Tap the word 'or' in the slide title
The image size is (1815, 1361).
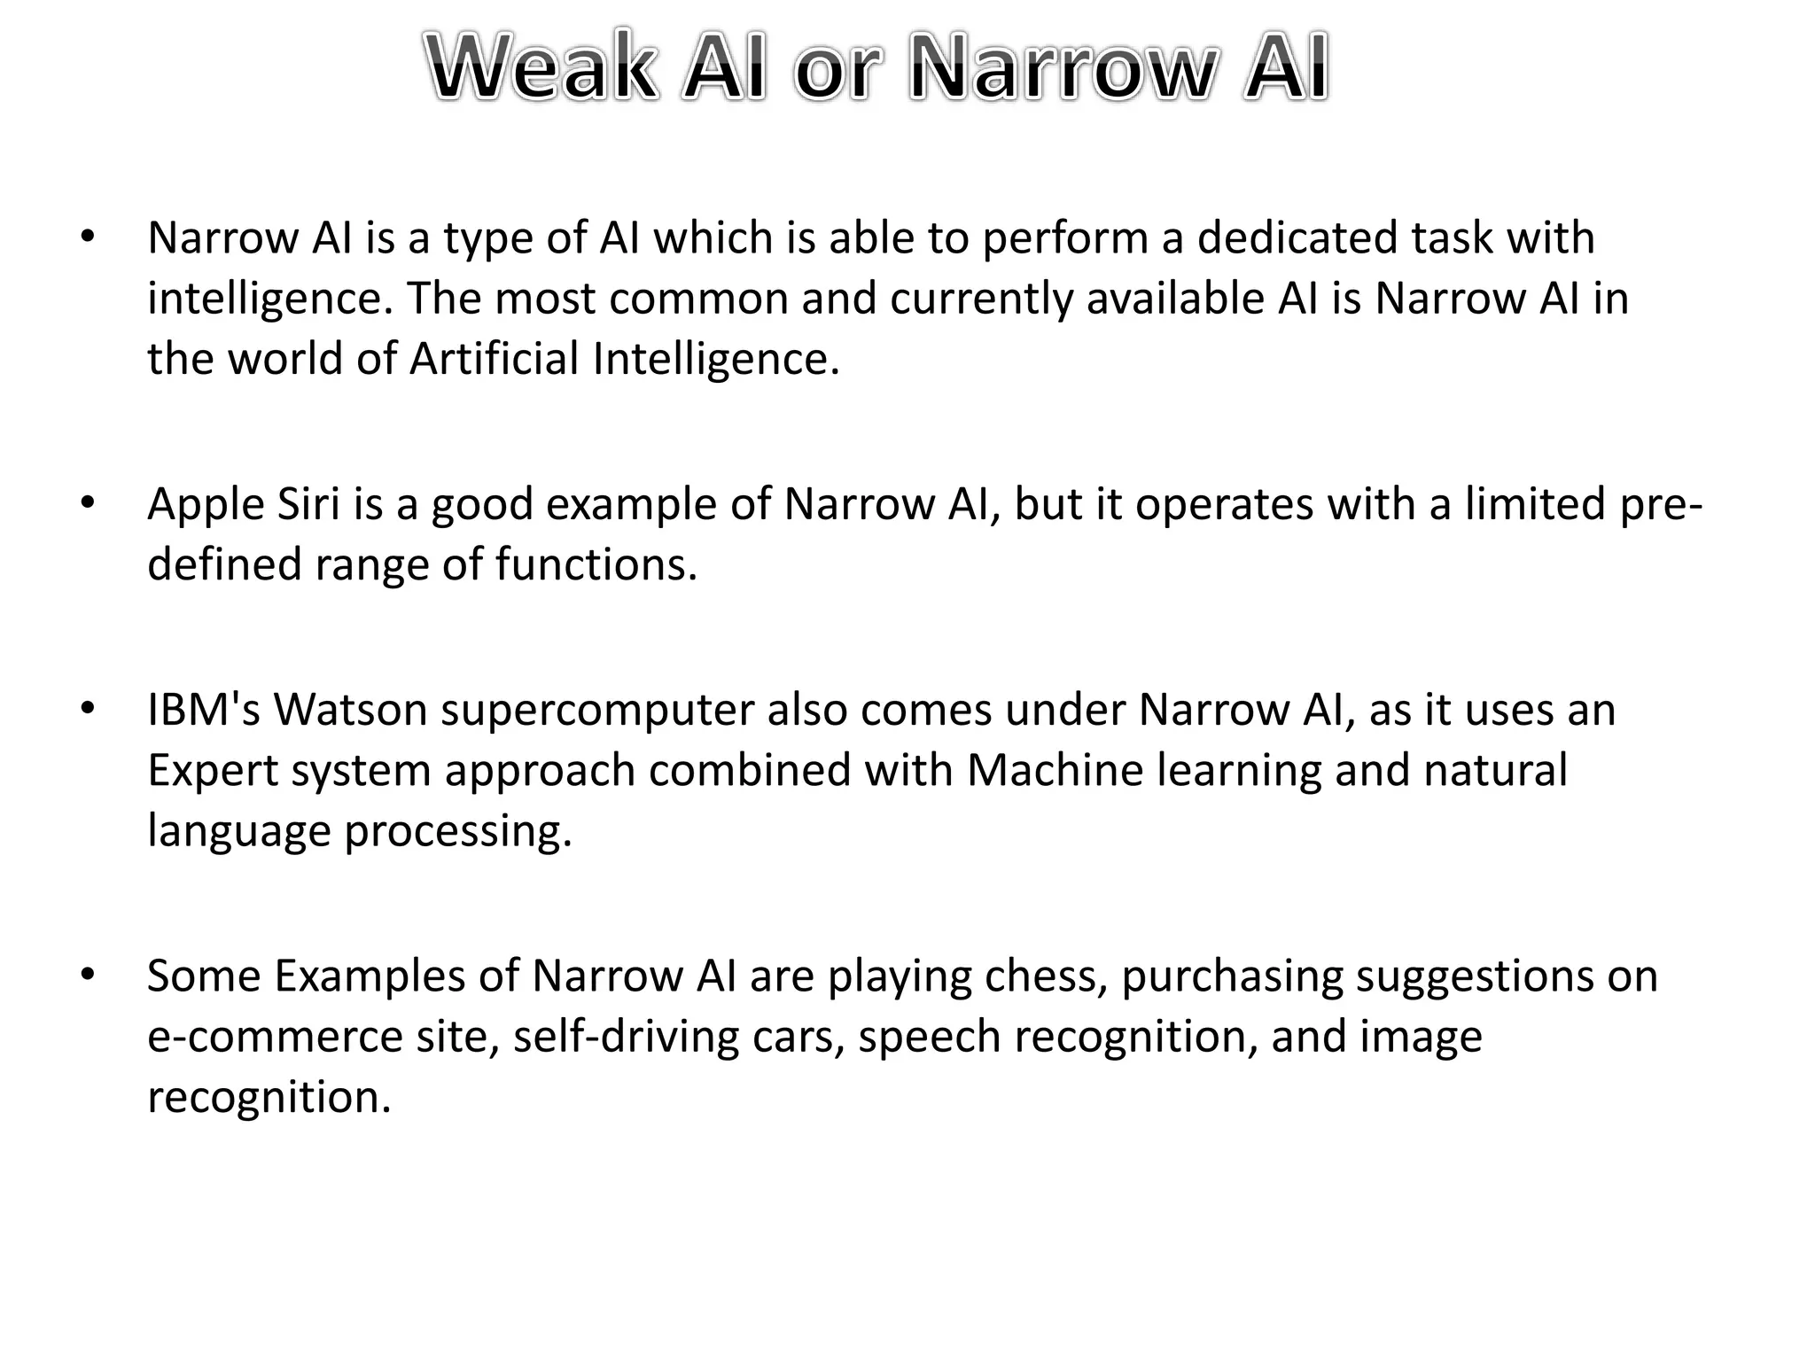837,70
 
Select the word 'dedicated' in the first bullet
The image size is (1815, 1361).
1297,237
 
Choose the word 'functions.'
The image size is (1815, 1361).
596,564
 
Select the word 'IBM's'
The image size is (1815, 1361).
204,710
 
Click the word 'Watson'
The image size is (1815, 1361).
351,710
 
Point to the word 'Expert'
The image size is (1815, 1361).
213,771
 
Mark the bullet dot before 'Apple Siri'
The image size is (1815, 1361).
86,503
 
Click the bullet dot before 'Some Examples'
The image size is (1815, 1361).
86,975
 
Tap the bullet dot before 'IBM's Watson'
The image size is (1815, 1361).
86,709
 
